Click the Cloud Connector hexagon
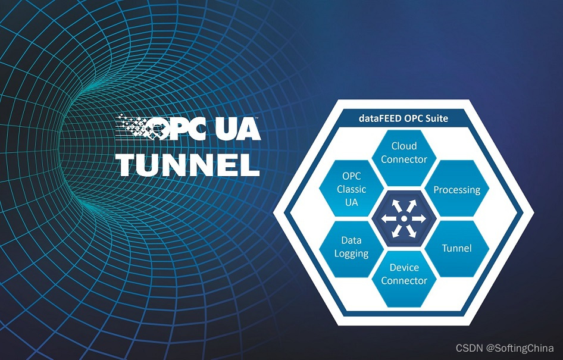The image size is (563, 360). pos(404,153)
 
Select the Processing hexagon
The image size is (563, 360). pos(456,190)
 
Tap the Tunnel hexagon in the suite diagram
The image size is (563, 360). pos(456,248)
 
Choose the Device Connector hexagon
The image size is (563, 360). pos(404,274)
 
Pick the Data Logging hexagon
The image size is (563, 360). pos(351,247)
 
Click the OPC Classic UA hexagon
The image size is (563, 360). pos(351,190)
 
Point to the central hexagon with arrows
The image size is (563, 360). pos(404,219)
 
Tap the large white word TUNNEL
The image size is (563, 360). pos(188,164)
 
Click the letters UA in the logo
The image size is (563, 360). pos(237,127)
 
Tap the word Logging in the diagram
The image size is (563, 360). pos(351,253)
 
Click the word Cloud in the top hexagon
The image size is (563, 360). pos(404,146)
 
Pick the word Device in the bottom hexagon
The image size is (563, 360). pos(404,268)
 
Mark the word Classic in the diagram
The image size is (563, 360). pos(351,190)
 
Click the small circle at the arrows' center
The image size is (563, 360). pos(404,219)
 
